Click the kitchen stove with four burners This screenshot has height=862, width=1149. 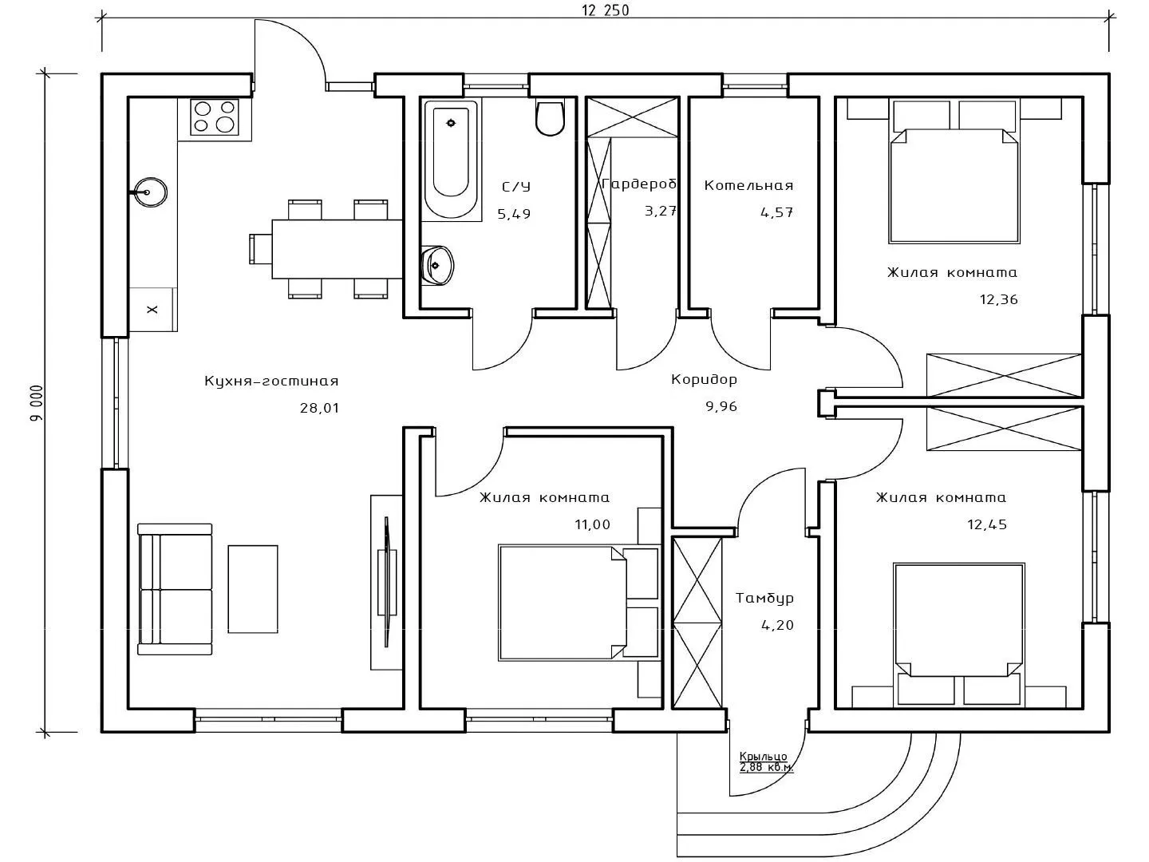pos(214,117)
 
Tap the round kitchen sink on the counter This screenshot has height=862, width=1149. pos(149,192)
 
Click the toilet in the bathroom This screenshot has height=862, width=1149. pos(550,117)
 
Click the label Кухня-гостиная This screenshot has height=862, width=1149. pos(271,382)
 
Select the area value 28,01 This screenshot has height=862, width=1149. pos(319,408)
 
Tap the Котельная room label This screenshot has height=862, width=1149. pos(748,185)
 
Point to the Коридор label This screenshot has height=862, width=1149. pos(704,379)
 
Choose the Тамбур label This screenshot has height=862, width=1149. pos(764,598)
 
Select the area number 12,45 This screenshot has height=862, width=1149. pos(986,524)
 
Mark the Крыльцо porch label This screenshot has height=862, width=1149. pos(764,756)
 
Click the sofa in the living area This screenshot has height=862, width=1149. pos(175,589)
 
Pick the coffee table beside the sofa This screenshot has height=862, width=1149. pos(253,589)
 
